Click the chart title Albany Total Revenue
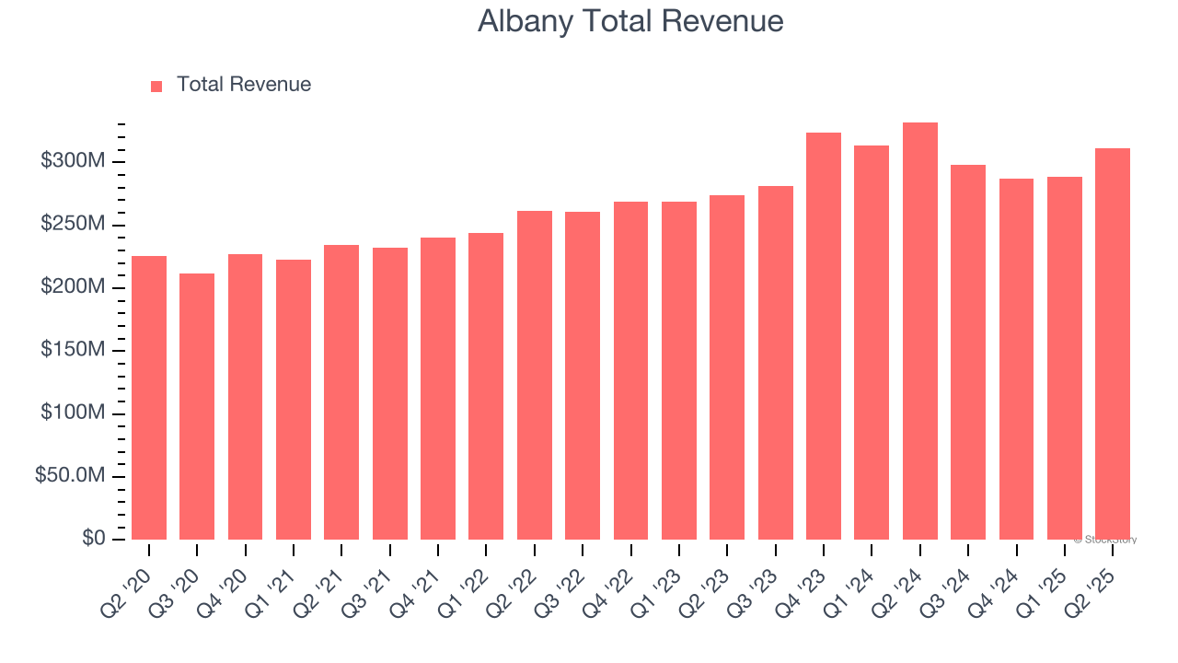(630, 21)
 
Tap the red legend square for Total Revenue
(156, 86)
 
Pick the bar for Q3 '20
(197, 406)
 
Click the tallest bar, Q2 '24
(920, 331)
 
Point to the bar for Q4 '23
(824, 336)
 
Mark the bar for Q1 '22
(486, 386)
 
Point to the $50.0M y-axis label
(70, 476)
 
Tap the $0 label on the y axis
(93, 539)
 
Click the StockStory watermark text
(1105, 540)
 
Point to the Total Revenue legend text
(244, 85)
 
